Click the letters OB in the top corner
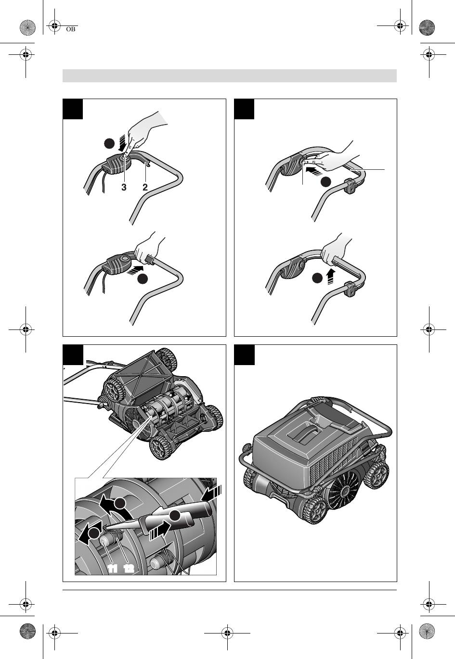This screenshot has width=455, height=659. pyautogui.click(x=71, y=29)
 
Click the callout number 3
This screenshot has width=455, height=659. pyautogui.click(x=124, y=187)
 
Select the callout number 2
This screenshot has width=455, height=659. pyautogui.click(x=145, y=187)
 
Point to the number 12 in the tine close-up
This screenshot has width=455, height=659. pyautogui.click(x=129, y=569)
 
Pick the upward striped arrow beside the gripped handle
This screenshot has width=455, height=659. pyautogui.click(x=331, y=276)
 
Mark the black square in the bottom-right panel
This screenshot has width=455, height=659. pyautogui.click(x=244, y=355)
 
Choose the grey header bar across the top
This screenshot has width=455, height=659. pyautogui.click(x=230, y=76)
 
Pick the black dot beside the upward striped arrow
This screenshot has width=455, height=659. pyautogui.click(x=317, y=278)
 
